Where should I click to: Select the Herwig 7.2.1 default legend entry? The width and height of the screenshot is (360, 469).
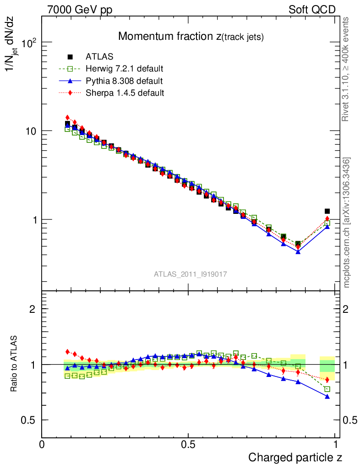click(x=124, y=69)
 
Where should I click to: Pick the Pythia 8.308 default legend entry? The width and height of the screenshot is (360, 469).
click(x=124, y=81)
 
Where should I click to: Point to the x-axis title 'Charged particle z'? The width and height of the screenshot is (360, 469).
click(x=295, y=457)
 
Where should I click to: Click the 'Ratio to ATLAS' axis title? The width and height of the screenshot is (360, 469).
click(x=14, y=364)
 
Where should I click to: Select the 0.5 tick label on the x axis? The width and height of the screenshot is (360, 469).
click(x=188, y=444)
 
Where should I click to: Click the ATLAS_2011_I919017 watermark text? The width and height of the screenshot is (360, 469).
click(x=191, y=274)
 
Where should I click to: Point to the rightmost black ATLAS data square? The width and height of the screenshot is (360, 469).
click(x=327, y=211)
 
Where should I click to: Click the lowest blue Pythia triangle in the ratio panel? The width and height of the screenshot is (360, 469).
click(x=327, y=396)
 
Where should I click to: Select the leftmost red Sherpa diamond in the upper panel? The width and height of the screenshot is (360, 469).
click(x=67, y=118)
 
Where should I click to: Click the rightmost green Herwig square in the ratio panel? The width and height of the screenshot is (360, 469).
click(x=327, y=389)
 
